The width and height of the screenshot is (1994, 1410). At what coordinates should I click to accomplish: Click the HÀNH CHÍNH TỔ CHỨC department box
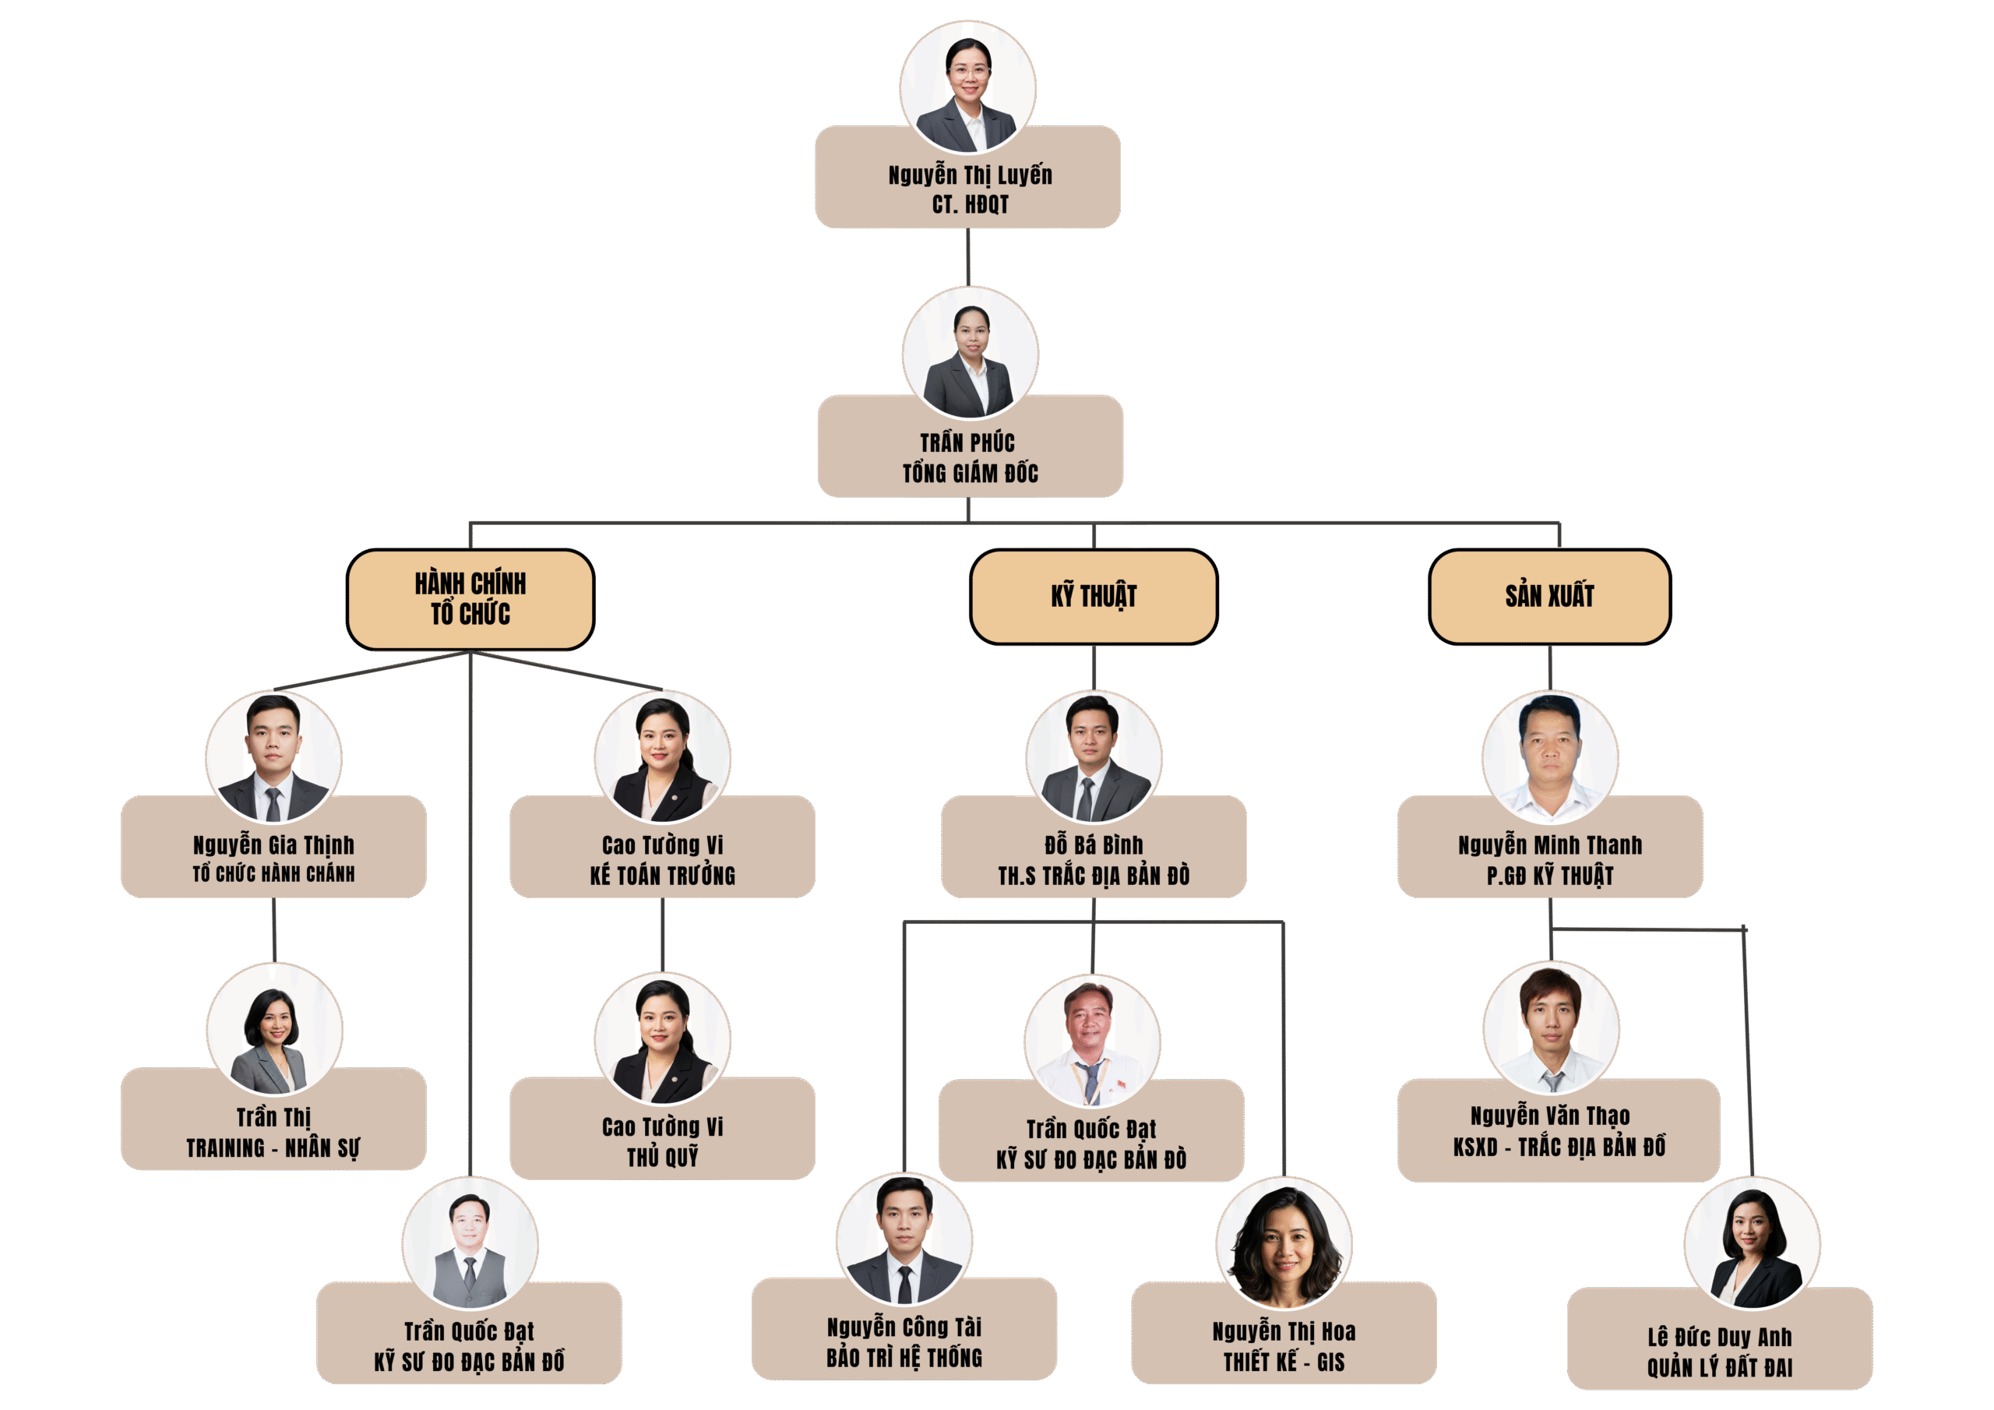click(x=470, y=598)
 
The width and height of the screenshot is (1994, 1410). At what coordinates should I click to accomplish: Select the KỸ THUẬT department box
click(x=1094, y=596)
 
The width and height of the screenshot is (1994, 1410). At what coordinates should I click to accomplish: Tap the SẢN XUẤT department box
click(x=1549, y=596)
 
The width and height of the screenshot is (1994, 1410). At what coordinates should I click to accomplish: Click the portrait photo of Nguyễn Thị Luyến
click(x=967, y=88)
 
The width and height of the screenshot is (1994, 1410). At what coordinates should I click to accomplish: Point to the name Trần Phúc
click(x=967, y=443)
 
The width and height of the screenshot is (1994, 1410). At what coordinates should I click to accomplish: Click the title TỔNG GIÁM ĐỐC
click(x=970, y=474)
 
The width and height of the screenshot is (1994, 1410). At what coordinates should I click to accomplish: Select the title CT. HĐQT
click(x=970, y=205)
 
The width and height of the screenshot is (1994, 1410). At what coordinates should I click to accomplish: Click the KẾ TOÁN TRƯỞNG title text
click(x=663, y=876)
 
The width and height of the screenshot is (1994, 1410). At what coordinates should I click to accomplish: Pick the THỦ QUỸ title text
click(x=663, y=1157)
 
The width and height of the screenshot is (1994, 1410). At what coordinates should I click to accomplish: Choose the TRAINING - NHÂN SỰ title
click(x=273, y=1148)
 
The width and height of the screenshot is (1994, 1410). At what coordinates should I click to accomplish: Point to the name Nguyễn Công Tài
click(x=904, y=1327)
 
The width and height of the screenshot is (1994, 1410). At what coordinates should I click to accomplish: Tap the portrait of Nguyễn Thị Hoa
click(x=1284, y=1243)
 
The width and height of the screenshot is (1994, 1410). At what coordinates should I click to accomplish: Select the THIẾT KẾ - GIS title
click(x=1284, y=1362)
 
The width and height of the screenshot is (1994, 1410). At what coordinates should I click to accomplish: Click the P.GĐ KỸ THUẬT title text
click(x=1549, y=876)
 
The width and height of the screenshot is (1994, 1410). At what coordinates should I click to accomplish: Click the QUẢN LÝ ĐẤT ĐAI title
click(x=1720, y=1368)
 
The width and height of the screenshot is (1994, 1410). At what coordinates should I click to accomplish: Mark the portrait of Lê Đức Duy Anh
click(x=1752, y=1244)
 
